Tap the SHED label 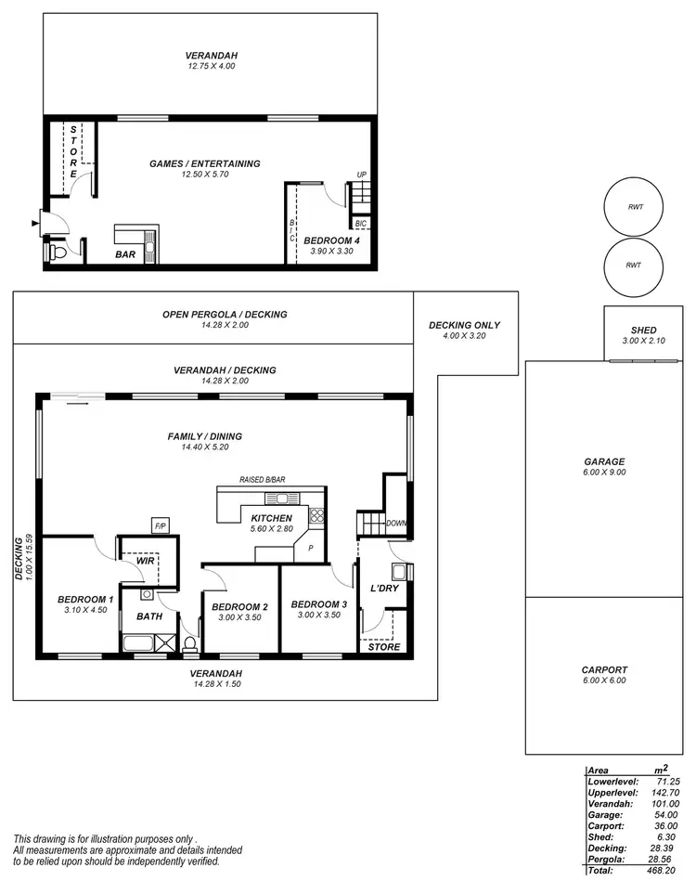643,330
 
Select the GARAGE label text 604,461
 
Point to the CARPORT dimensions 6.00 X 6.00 604,680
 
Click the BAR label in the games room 126,253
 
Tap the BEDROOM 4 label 331,240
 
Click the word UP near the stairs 362,175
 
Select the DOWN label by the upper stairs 396,523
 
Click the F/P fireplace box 160,526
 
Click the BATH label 149,615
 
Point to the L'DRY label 384,589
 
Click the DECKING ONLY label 464,325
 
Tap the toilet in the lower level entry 58,252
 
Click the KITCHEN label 271,517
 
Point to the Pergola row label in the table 608,859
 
